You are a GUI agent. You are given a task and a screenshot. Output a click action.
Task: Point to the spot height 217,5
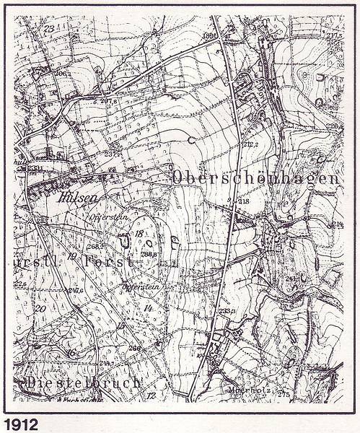[x=333, y=34]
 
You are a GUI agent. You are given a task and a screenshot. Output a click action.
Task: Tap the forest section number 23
[x=49, y=28]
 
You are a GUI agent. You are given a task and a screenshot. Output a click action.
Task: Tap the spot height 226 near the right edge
[x=333, y=126]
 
